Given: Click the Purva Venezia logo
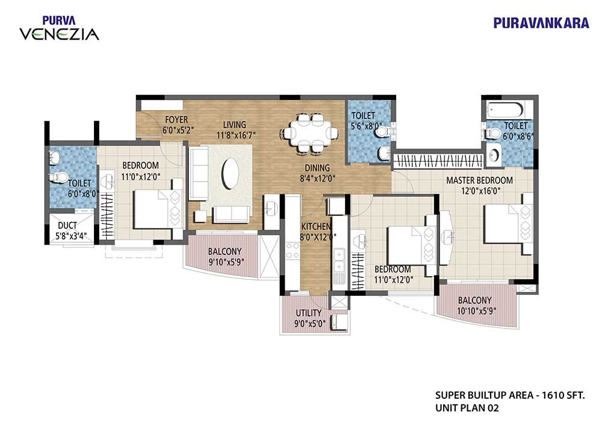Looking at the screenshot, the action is click(59, 28).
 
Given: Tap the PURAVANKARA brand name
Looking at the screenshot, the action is click(541, 23).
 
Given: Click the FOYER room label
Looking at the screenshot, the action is click(176, 120).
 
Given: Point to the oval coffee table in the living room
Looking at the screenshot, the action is click(231, 173).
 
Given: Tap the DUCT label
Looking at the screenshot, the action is click(67, 226).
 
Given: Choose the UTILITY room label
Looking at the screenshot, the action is click(309, 313).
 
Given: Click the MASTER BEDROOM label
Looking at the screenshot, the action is click(479, 180).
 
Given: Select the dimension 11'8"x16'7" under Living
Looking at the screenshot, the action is click(236, 135).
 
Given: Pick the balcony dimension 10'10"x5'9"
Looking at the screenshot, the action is click(476, 311).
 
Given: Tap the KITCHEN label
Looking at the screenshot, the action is click(315, 227).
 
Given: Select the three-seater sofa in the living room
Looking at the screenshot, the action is click(199, 173).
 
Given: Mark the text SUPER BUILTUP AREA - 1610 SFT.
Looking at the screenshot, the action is click(510, 395).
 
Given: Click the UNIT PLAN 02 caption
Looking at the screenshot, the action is click(467, 408).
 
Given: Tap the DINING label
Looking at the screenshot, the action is click(317, 168).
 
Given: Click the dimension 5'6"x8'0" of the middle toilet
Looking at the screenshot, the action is click(366, 126).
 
